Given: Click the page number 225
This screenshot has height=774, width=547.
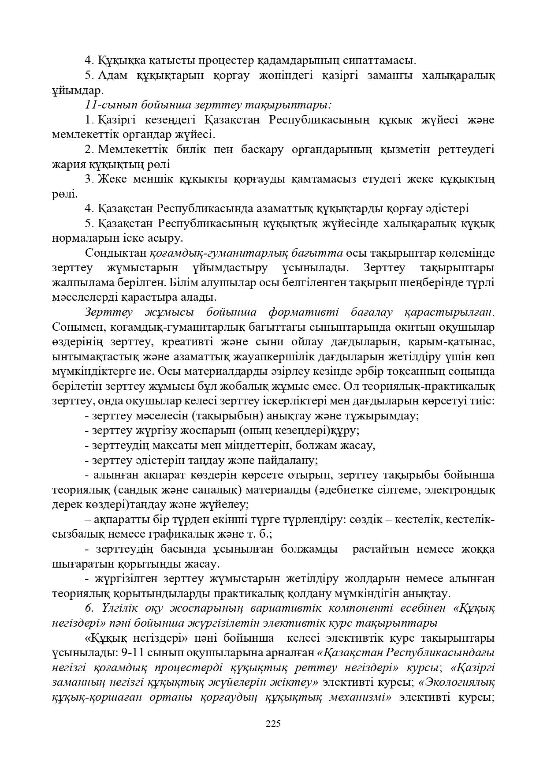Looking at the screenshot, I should (273, 723).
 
